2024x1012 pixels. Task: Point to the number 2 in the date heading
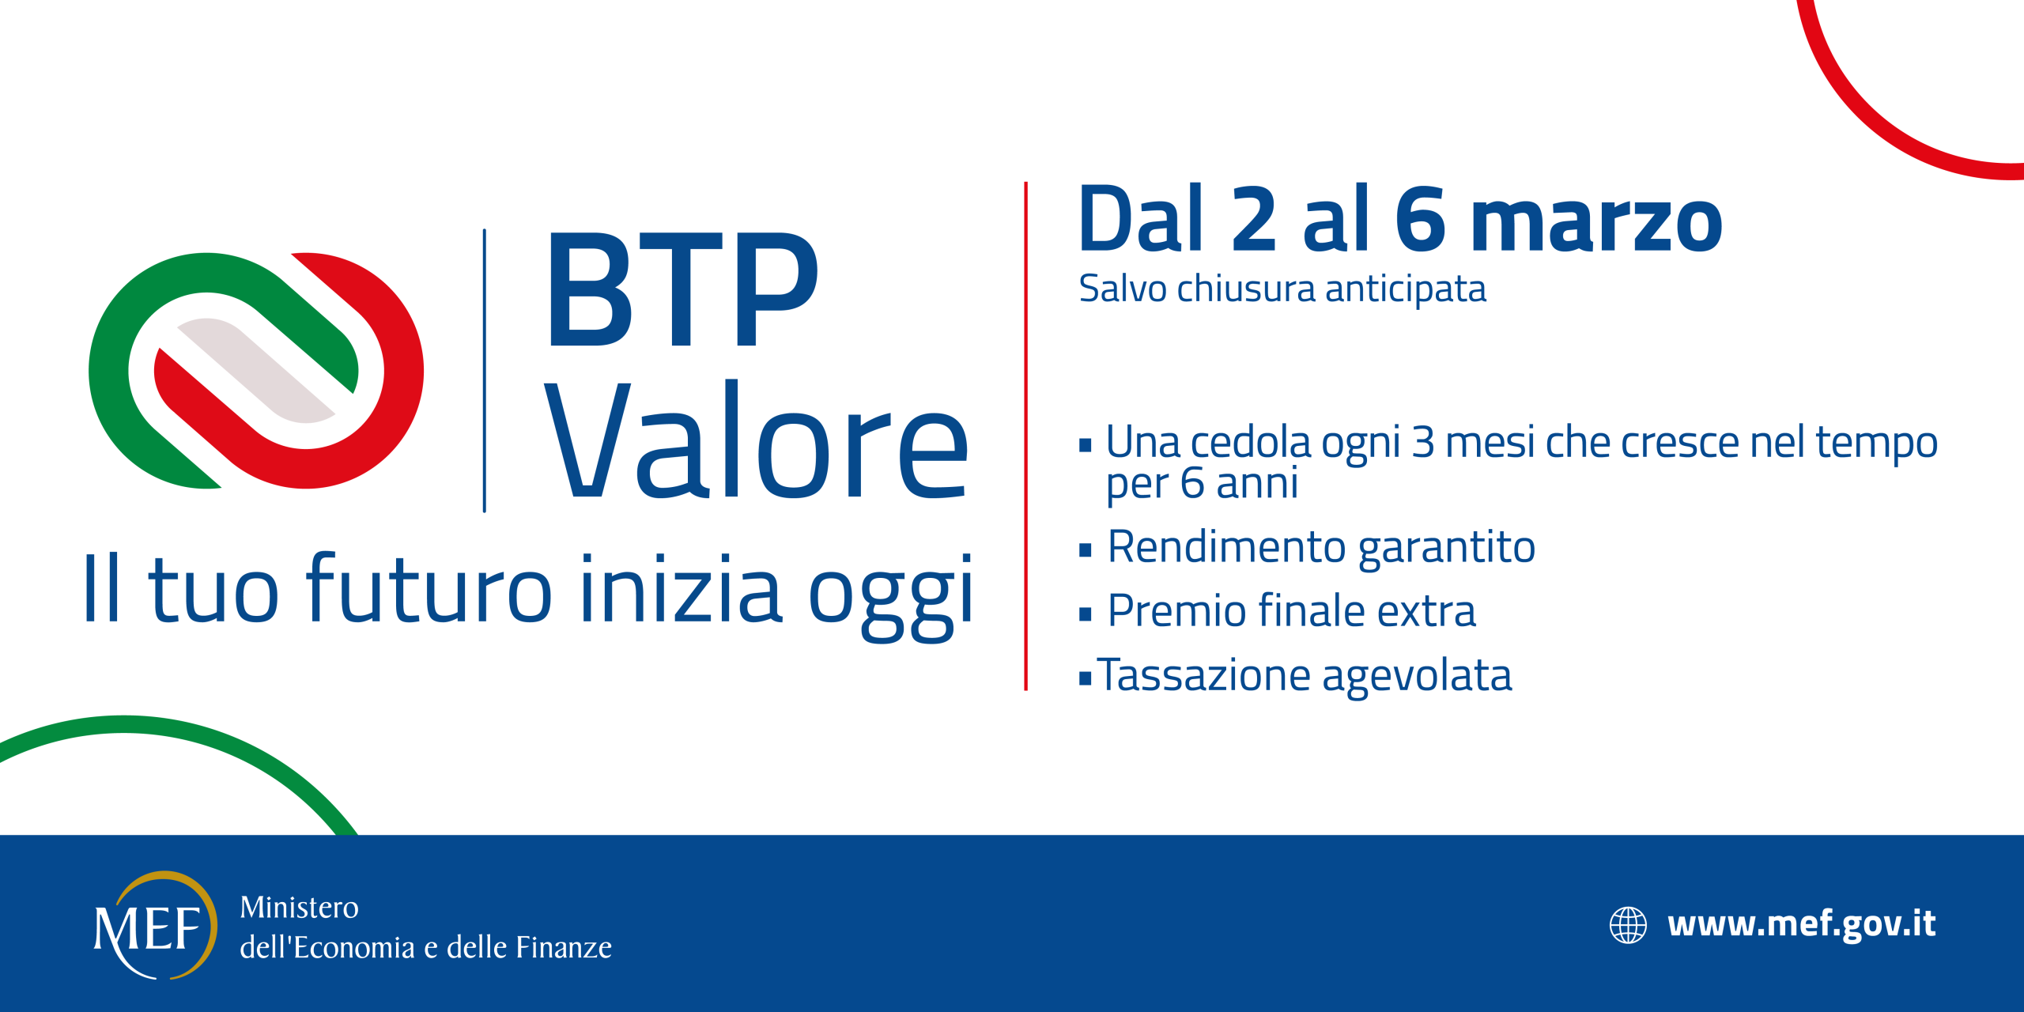pyautogui.click(x=1253, y=218)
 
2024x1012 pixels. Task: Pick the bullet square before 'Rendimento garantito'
pyautogui.click(x=1085, y=550)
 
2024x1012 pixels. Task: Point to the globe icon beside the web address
pyautogui.click(x=1628, y=925)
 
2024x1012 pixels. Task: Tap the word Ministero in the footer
pyautogui.click(x=299, y=907)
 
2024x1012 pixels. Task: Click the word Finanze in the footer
pyautogui.click(x=563, y=947)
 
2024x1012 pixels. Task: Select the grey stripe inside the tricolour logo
pyautogui.click(x=255, y=370)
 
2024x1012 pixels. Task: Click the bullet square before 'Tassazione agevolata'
pyautogui.click(x=1085, y=678)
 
